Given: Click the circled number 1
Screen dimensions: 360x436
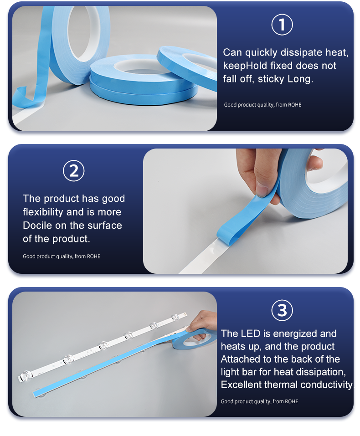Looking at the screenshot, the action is tap(282, 25).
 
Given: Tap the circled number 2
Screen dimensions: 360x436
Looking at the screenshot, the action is tap(74, 171).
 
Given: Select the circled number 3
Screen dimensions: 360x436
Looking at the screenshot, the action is tap(282, 310).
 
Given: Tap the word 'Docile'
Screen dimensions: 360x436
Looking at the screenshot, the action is tap(37, 225).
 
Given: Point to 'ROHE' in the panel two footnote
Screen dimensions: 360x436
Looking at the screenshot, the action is tap(93, 256).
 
